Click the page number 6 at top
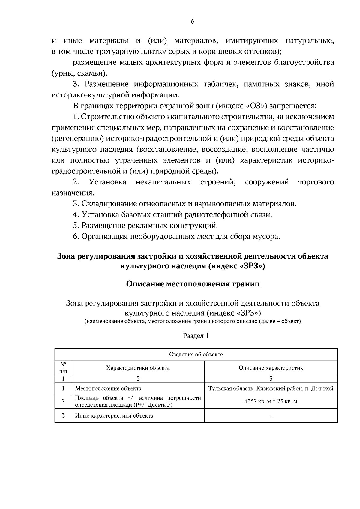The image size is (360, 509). (x=193, y=22)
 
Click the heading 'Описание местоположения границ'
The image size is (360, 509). (x=193, y=284)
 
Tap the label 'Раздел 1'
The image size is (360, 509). (x=196, y=336)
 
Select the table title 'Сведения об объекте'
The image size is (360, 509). (x=196, y=355)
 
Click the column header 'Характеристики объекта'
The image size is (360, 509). (x=138, y=368)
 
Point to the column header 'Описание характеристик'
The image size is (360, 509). (x=271, y=368)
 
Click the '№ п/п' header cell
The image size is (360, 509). (x=63, y=367)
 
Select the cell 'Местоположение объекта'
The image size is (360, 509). (x=108, y=388)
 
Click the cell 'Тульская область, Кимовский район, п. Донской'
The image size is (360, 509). (x=271, y=388)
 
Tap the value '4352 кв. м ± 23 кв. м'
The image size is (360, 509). (x=271, y=401)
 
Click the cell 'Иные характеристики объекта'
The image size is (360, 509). (x=114, y=415)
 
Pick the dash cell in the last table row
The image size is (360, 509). (x=271, y=416)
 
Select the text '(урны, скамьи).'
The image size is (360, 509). (x=79, y=73)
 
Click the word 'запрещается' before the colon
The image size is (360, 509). (x=291, y=106)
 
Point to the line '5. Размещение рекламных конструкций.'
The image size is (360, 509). (x=145, y=225)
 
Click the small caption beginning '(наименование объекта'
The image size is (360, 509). (x=193, y=322)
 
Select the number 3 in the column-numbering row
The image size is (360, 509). (x=271, y=379)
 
